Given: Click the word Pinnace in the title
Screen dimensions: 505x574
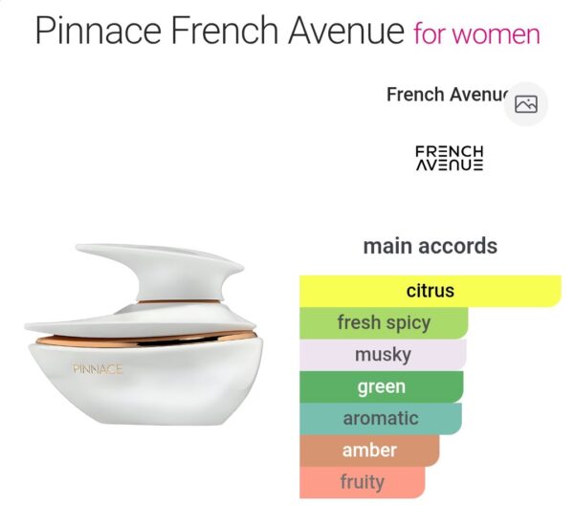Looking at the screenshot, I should click(x=99, y=32).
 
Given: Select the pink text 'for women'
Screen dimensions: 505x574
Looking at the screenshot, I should click(x=476, y=35).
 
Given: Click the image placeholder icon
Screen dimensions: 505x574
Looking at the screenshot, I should click(x=525, y=104).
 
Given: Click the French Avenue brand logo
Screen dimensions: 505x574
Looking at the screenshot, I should click(x=449, y=158).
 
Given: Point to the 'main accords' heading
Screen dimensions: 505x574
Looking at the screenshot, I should click(x=430, y=246).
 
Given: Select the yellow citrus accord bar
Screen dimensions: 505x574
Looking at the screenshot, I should click(x=430, y=291).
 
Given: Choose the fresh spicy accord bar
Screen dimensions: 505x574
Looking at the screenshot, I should click(x=384, y=322).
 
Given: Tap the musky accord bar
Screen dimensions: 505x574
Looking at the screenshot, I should click(x=383, y=355).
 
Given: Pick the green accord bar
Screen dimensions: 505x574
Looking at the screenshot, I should click(x=381, y=386).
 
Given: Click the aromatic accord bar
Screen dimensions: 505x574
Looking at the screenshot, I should click(x=380, y=418).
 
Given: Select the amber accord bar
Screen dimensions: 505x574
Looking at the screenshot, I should click(x=368, y=450).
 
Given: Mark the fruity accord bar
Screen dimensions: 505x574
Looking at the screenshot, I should click(x=362, y=482).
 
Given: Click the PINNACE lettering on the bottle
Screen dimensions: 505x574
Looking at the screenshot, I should click(x=98, y=368).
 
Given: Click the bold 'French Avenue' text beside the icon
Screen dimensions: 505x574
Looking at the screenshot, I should click(x=445, y=95).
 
